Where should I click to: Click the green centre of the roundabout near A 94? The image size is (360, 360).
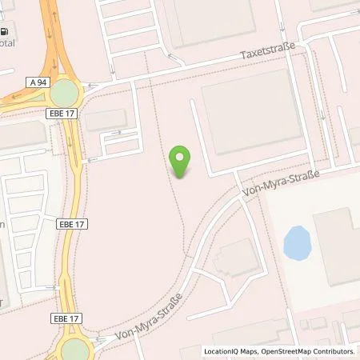pos(65,94)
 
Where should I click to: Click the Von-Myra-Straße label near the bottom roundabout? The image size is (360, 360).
pos(149,316)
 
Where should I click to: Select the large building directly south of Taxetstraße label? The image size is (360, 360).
pos(252,112)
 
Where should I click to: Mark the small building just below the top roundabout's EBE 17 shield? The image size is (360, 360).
pos(105,121)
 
